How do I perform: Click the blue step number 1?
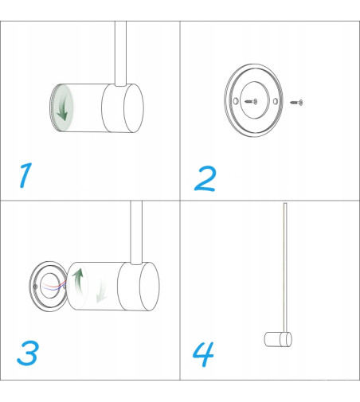tap(25, 175)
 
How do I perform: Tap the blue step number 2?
tap(205, 178)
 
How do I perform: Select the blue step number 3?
tap(28, 353)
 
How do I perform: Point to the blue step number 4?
tap(203, 354)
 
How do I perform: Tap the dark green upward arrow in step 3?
tap(78, 281)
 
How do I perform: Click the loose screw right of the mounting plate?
tap(296, 102)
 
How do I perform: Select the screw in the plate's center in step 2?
tap(251, 101)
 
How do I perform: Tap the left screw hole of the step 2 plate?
tap(236, 101)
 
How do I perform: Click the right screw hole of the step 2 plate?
tap(276, 101)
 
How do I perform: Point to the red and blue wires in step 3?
tap(54, 286)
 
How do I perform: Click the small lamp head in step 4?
tap(278, 339)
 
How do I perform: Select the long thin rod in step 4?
tap(285, 267)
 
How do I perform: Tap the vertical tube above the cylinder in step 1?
tap(120, 53)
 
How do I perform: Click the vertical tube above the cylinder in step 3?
tap(136, 232)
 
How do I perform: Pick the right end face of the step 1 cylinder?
tap(134, 108)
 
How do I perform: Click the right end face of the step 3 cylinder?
tap(150, 287)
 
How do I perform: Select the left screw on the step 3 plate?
tap(36, 287)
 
